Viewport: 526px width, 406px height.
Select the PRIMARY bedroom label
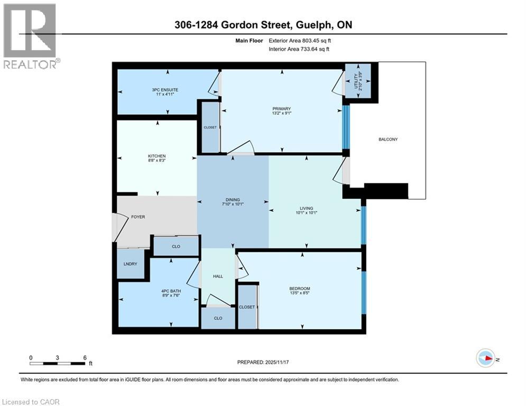[x=281, y=108]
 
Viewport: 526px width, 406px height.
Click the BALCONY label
[x=387, y=140]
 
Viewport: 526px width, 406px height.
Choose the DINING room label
[x=232, y=200]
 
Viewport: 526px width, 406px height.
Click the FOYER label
[x=137, y=217]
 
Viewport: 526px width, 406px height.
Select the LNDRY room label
[x=130, y=264]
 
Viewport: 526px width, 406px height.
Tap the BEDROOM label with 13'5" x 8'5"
[x=300, y=288]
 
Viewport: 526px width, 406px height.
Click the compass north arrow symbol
[x=485, y=358]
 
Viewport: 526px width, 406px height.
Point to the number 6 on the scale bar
[x=85, y=357]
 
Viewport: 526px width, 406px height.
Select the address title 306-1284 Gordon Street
[x=263, y=25]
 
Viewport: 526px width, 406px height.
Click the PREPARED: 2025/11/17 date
[x=265, y=362]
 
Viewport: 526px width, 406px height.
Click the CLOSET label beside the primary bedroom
[x=210, y=127]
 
